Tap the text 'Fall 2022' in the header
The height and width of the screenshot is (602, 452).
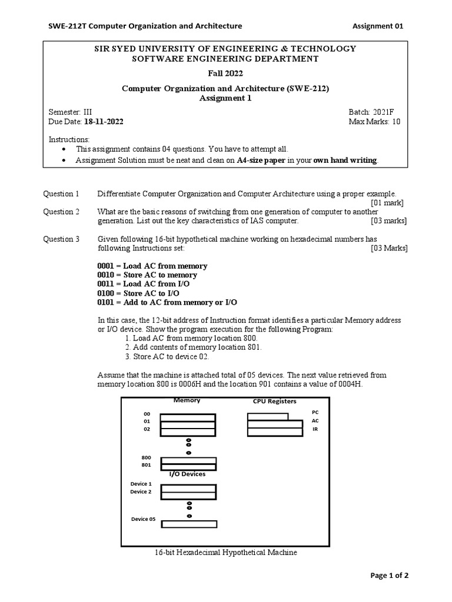(x=225, y=73)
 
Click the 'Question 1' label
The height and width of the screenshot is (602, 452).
(x=61, y=193)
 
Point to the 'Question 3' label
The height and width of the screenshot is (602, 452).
(x=61, y=239)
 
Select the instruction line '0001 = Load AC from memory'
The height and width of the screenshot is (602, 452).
(x=152, y=266)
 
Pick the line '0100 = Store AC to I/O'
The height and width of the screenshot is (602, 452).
(x=138, y=293)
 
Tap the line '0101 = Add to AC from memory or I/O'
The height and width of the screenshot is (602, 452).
(x=167, y=302)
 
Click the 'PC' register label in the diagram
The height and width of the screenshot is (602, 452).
(x=315, y=413)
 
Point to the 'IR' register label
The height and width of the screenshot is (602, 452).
(x=315, y=430)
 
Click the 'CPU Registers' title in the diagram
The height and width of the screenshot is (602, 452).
(x=274, y=402)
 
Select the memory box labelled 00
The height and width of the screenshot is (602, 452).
(x=188, y=417)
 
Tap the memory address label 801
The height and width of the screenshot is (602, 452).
(x=146, y=465)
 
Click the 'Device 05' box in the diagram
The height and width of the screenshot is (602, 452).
(x=189, y=524)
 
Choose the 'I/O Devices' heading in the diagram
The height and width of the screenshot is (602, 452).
(x=187, y=474)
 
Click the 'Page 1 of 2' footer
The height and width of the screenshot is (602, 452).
(x=389, y=576)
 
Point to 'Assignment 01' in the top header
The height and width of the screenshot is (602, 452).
(x=378, y=26)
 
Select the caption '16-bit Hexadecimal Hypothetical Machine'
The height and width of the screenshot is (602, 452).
(x=226, y=553)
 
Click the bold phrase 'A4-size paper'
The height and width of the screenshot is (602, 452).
(x=260, y=160)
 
